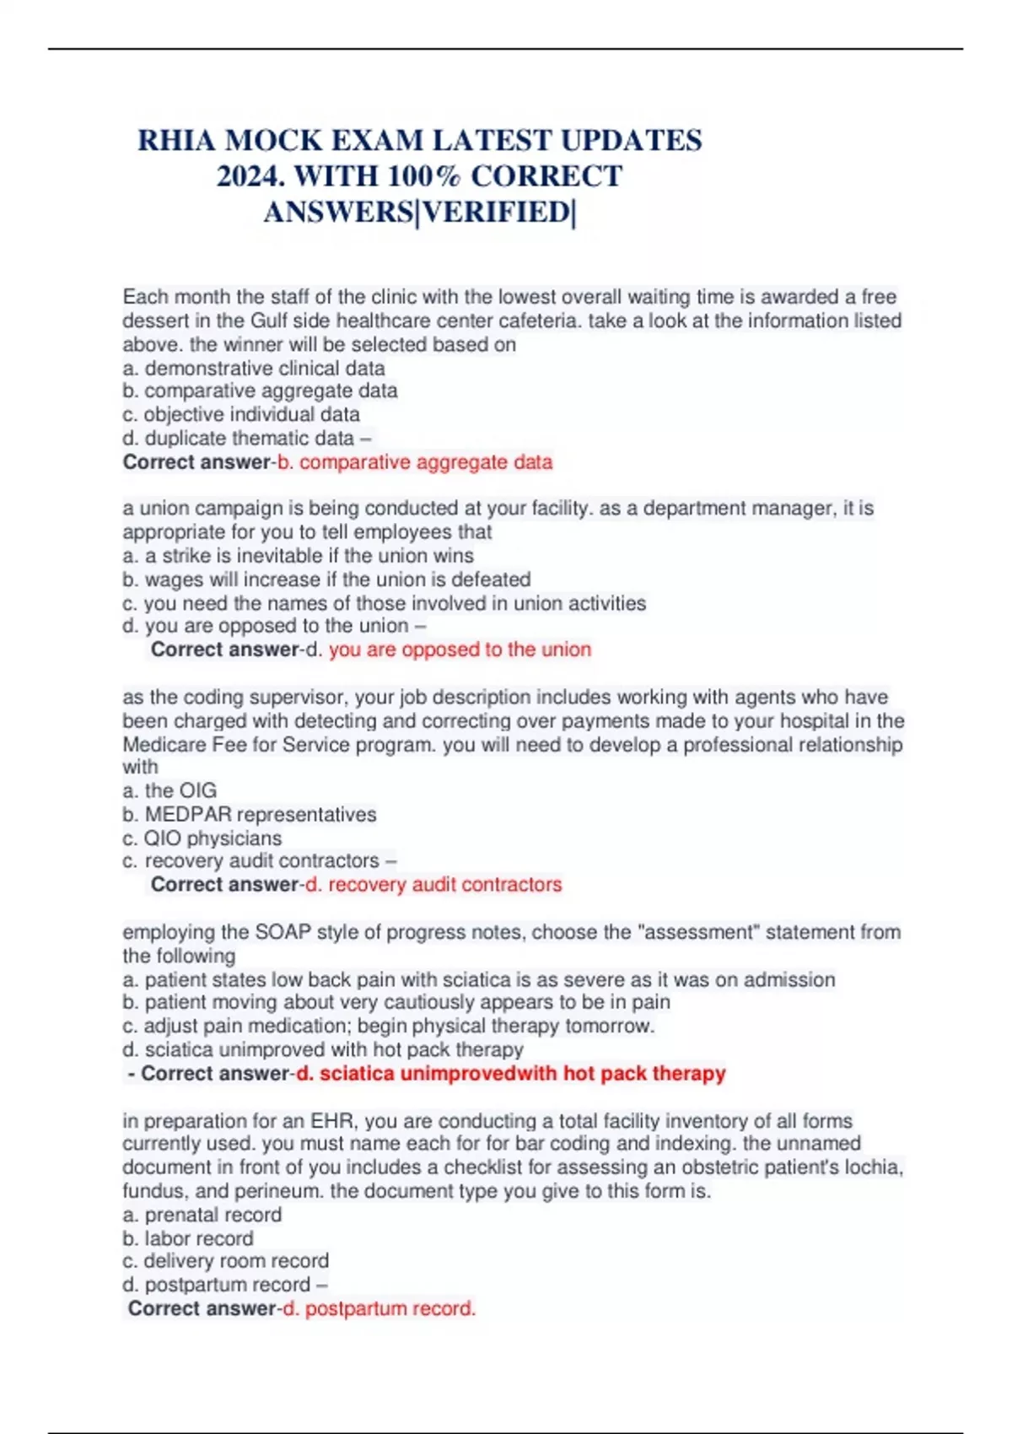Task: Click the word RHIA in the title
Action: (176, 140)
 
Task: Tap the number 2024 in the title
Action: (250, 176)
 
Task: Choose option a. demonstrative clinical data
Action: (254, 368)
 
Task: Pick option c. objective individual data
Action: (241, 414)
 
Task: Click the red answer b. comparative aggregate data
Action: (415, 462)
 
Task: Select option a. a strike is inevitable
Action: (298, 555)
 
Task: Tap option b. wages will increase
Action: (326, 580)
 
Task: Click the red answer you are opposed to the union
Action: (460, 650)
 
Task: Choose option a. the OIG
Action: (170, 790)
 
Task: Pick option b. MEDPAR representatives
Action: (250, 814)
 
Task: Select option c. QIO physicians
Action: (202, 838)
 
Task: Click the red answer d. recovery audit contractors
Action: (433, 884)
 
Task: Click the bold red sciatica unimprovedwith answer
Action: (511, 1073)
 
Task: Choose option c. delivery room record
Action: (226, 1261)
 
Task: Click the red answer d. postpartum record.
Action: (379, 1308)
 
